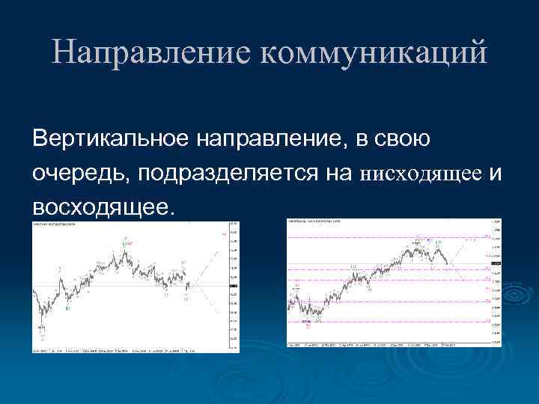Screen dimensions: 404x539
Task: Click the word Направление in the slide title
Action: (x=149, y=54)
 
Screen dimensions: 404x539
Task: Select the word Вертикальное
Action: (x=109, y=138)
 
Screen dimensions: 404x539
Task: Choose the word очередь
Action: (x=75, y=174)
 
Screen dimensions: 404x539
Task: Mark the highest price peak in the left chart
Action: (x=126, y=242)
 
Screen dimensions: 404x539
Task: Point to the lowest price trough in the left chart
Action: (x=42, y=327)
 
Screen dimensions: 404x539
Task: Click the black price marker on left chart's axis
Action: (x=233, y=285)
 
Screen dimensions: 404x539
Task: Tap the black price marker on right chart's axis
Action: (x=495, y=263)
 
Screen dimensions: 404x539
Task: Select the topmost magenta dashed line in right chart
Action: (x=389, y=238)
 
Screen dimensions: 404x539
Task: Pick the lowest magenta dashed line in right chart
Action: (x=389, y=322)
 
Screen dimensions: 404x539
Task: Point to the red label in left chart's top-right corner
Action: (x=223, y=234)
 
